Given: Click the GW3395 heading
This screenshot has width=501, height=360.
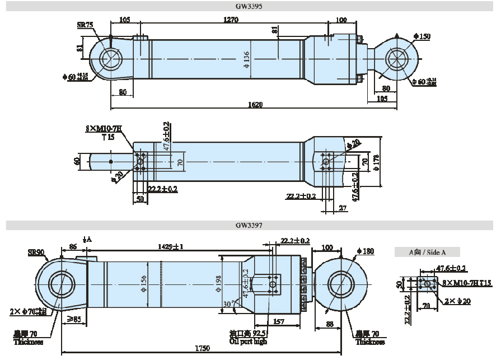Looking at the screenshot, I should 250,7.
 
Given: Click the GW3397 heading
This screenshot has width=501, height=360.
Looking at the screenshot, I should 250,225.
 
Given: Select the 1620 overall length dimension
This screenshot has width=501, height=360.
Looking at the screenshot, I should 255,105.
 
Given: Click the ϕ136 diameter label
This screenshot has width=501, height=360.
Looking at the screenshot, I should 247,59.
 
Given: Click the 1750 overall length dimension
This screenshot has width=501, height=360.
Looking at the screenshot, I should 202,348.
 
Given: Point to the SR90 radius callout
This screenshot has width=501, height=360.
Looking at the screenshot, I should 36,252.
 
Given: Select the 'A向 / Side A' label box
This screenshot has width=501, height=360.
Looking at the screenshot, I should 427,253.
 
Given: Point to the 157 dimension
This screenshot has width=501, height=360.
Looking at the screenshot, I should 278,321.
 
